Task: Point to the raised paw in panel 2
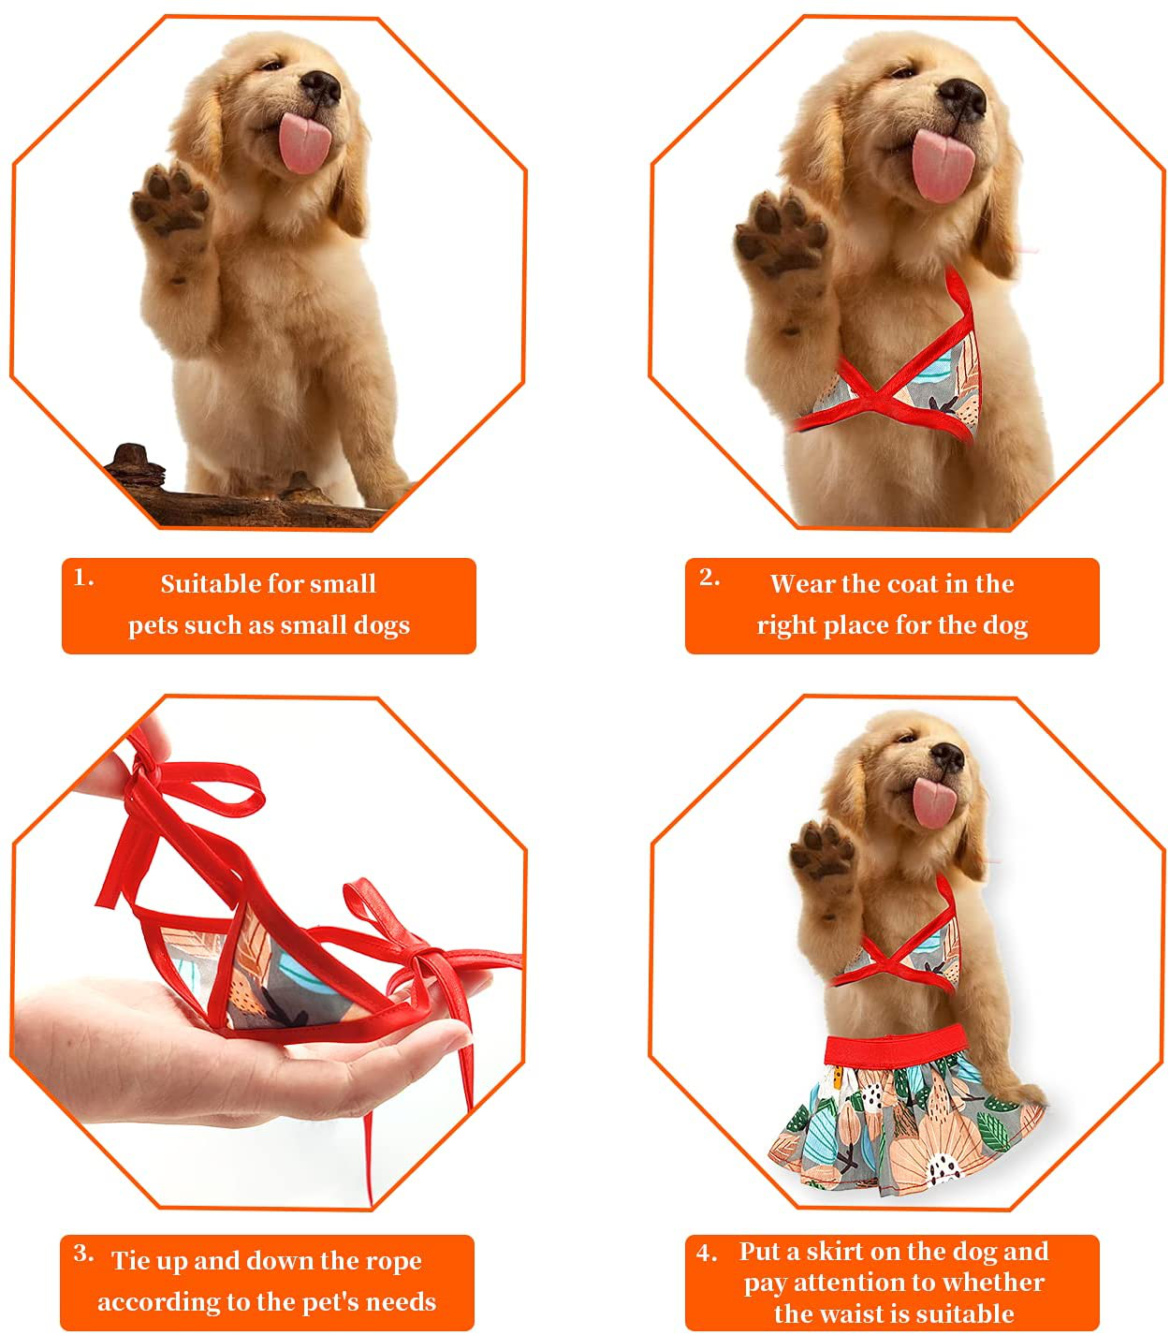[x=779, y=235]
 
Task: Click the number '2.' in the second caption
[x=709, y=578]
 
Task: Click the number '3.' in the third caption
[x=84, y=1254]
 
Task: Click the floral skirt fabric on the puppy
[x=899, y=1123]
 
